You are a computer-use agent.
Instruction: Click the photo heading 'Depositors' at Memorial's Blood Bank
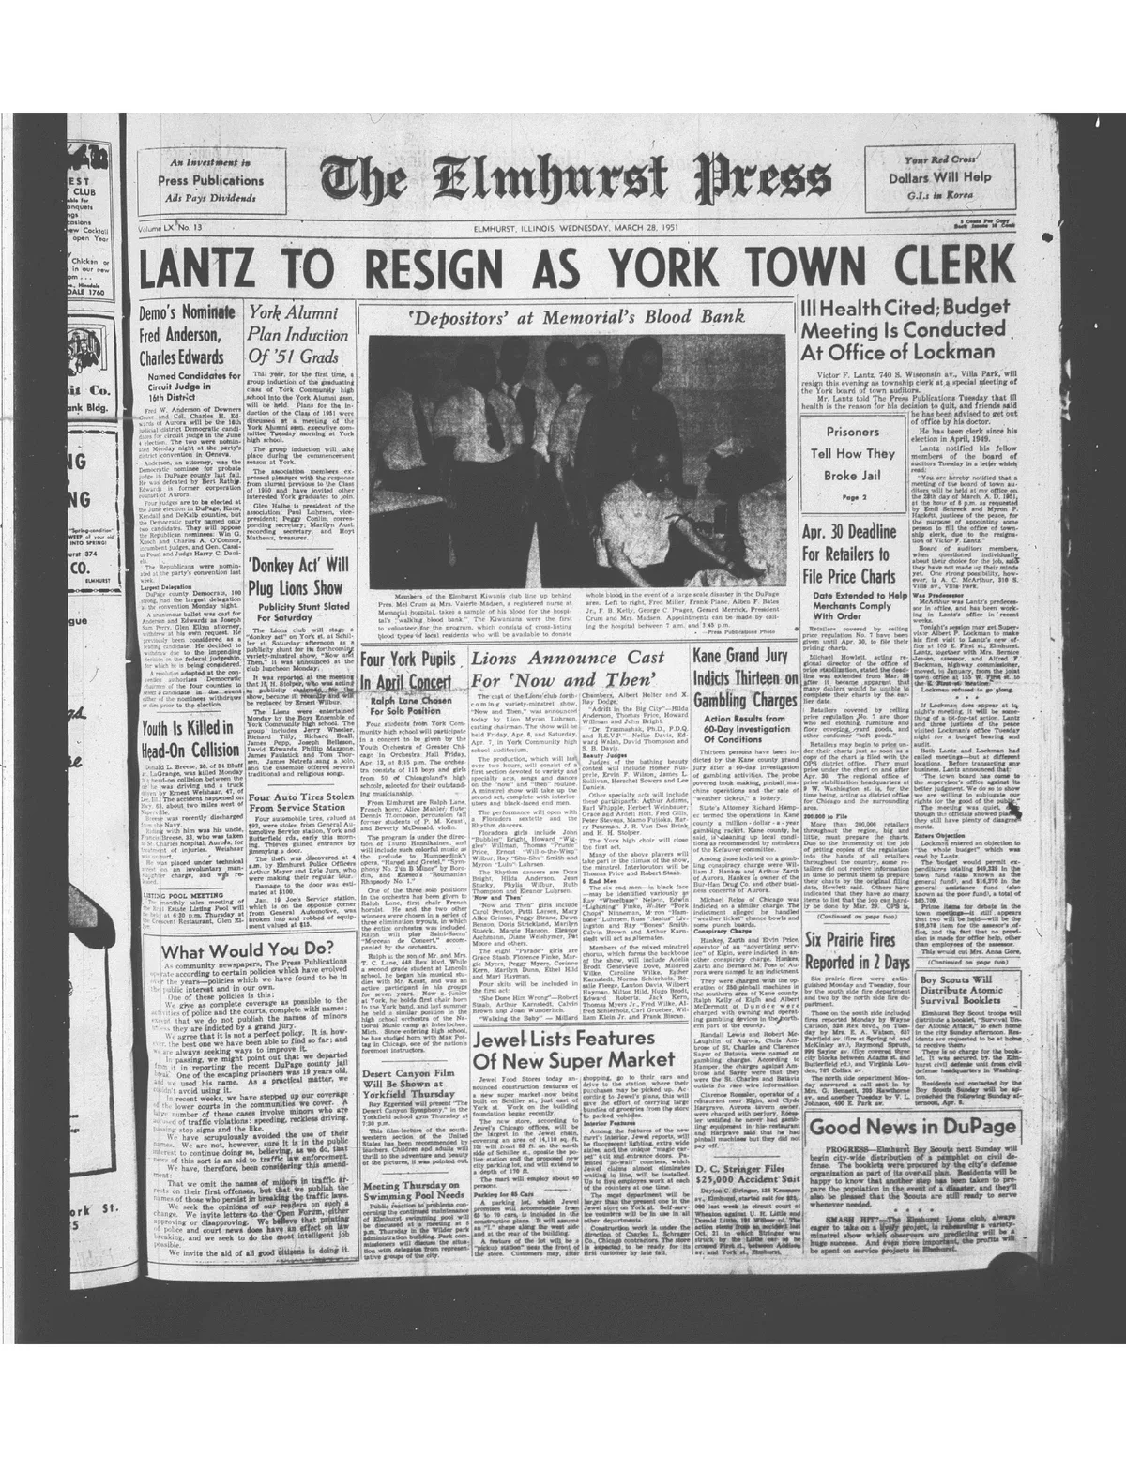tap(575, 316)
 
